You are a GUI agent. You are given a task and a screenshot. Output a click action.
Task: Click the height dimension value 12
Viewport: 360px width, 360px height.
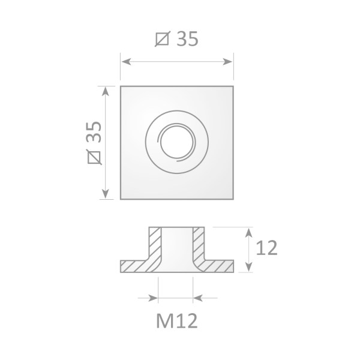(265, 248)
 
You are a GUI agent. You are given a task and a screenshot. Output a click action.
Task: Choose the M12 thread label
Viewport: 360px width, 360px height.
(176, 322)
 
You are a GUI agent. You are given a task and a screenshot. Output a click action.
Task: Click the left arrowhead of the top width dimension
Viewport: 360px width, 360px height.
(124, 60)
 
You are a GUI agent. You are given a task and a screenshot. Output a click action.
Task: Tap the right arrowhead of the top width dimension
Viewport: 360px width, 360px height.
(229, 60)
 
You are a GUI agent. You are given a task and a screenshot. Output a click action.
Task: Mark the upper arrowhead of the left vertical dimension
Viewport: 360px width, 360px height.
(106, 90)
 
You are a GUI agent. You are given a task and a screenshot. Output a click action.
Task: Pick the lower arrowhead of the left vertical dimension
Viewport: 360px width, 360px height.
(106, 194)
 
